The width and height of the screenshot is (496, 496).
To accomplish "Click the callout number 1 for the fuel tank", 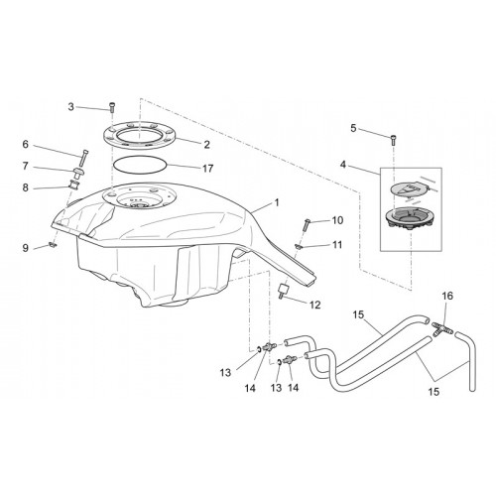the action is coord(277,202).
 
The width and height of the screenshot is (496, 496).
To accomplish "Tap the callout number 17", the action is coord(207,169).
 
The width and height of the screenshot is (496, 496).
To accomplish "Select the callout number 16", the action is coord(447,296).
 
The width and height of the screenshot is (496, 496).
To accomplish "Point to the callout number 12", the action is coord(315,305).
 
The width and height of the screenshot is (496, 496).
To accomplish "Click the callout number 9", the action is coord(26,248).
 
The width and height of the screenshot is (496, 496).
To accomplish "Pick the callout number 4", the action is coord(343,165).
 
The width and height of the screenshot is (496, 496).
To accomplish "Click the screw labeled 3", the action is coord(112,107).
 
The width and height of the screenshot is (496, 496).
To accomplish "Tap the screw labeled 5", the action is coord(394,140).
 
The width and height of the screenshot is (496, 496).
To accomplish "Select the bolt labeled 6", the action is coord(83,159).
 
